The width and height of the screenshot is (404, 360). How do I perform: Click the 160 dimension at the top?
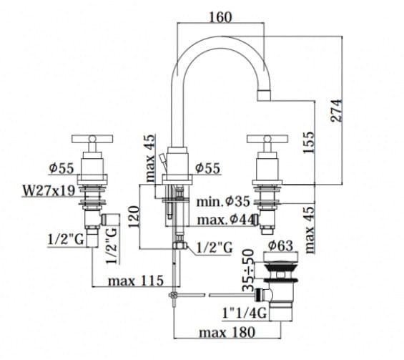point(220,18)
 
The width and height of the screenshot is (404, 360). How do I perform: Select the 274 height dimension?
point(337,111)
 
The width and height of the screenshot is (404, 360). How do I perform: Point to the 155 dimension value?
point(309,142)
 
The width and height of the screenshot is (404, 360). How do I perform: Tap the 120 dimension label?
point(134,217)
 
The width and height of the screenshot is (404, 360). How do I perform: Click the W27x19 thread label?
point(49,191)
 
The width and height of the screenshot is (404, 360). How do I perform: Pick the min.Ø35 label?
point(223,201)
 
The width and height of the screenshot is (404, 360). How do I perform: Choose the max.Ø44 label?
point(225,220)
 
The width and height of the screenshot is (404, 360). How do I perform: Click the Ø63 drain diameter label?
point(280,245)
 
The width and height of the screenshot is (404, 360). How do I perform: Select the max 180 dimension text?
point(227,332)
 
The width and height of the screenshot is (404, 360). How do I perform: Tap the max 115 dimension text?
point(136,281)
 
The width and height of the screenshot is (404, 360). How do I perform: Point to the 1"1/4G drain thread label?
point(245,313)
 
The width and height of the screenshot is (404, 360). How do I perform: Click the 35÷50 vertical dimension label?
point(248,270)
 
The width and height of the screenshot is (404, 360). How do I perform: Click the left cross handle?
point(92,139)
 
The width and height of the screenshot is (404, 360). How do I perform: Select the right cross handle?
point(267,139)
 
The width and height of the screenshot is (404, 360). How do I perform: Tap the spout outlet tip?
point(264,95)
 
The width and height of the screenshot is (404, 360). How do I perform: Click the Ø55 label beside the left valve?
point(61,169)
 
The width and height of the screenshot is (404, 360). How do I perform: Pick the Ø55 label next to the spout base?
point(207,168)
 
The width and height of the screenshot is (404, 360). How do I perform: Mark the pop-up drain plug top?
point(281,257)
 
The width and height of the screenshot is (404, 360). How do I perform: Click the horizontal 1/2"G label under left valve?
point(66,240)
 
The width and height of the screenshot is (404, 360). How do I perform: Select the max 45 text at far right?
point(309,229)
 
